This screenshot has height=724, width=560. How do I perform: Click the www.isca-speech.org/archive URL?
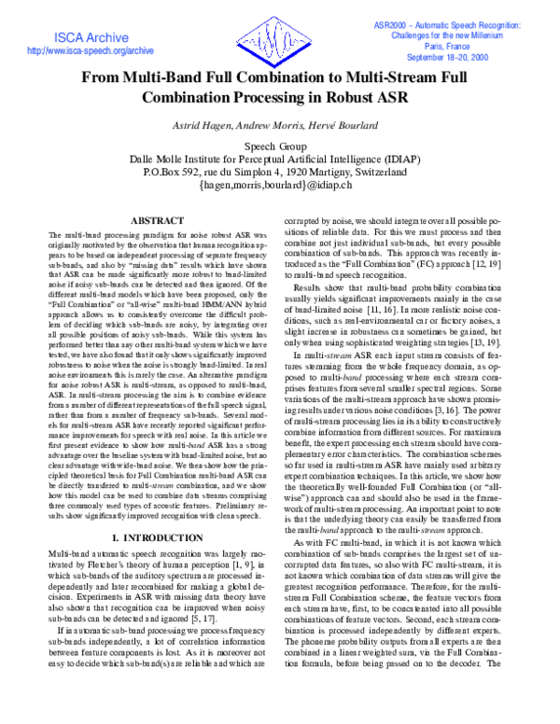[77, 50]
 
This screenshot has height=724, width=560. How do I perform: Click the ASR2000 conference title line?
[454, 21]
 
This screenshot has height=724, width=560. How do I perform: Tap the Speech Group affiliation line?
[279, 146]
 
